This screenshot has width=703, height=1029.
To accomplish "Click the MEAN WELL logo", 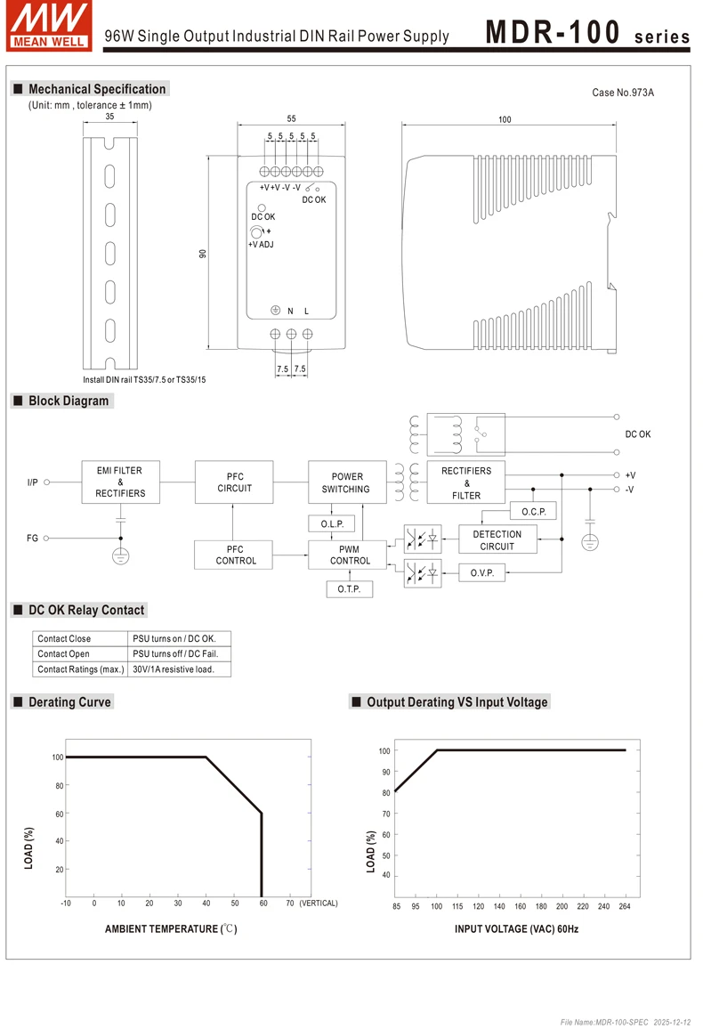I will (49, 25).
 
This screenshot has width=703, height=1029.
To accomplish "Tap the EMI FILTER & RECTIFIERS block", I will (120, 482).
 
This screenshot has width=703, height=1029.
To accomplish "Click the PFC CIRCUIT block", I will (235, 482).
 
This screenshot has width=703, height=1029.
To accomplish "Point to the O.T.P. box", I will (350, 589).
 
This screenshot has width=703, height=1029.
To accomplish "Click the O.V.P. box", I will (482, 572).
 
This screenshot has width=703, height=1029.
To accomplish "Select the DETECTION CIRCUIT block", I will (497, 540).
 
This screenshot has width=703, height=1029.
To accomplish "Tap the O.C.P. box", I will (534, 511).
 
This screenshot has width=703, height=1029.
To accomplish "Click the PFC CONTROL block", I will (235, 555).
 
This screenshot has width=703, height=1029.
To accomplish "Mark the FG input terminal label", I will (32, 539).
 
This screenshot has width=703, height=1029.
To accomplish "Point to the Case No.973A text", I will (623, 93).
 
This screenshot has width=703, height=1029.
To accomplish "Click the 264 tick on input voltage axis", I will (624, 906).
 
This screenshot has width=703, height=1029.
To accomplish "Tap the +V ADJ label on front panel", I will (261, 244).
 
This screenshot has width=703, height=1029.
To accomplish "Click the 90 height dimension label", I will (202, 254).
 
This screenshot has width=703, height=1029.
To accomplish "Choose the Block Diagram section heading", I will (69, 401).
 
